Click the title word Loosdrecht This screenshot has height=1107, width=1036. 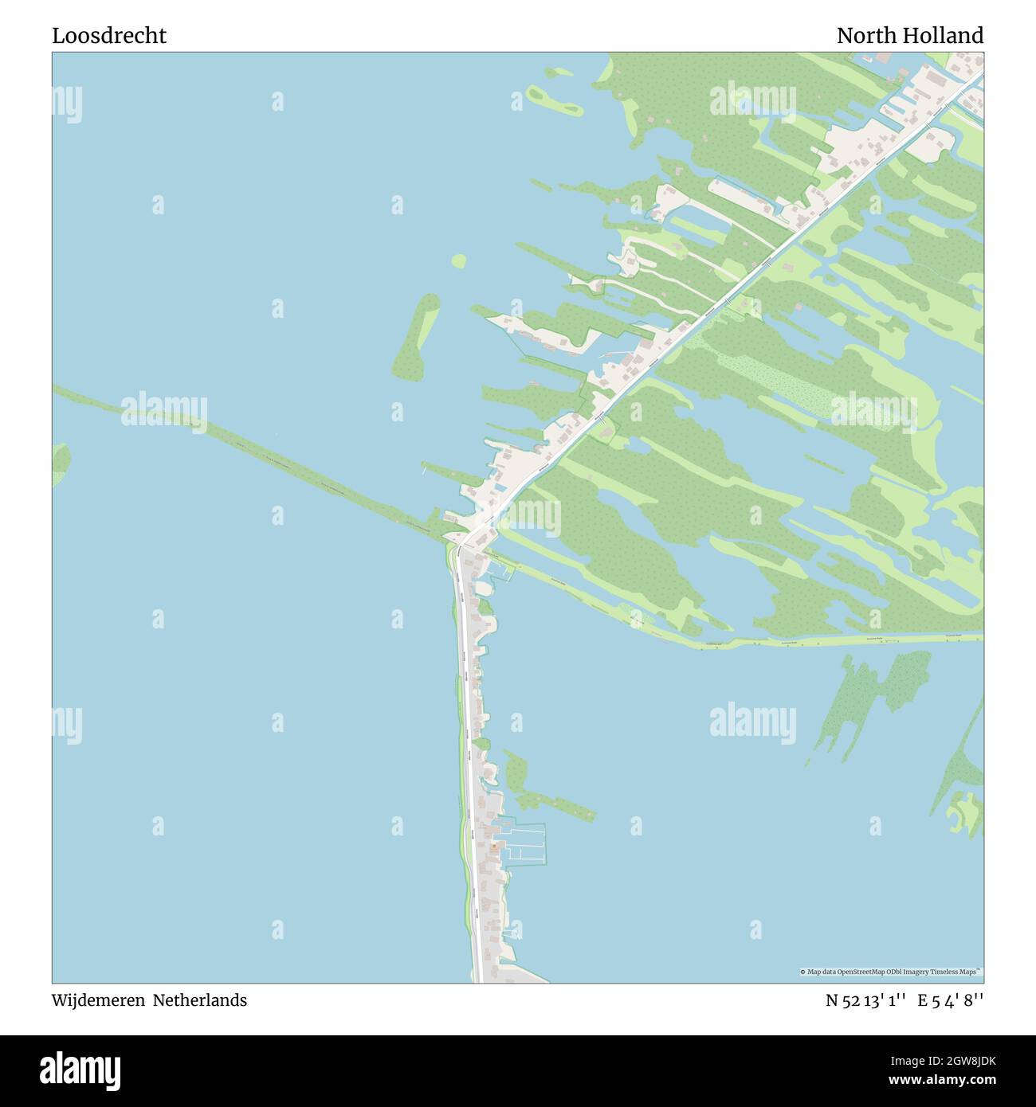(109, 36)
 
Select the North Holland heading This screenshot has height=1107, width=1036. (909, 36)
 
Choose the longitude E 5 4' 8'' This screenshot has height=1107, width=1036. (950, 1000)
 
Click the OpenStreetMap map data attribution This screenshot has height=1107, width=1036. (891, 972)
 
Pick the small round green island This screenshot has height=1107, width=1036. (458, 260)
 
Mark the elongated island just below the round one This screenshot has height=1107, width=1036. (416, 337)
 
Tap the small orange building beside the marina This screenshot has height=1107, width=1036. (494, 850)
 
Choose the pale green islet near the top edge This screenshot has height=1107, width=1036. (551, 99)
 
